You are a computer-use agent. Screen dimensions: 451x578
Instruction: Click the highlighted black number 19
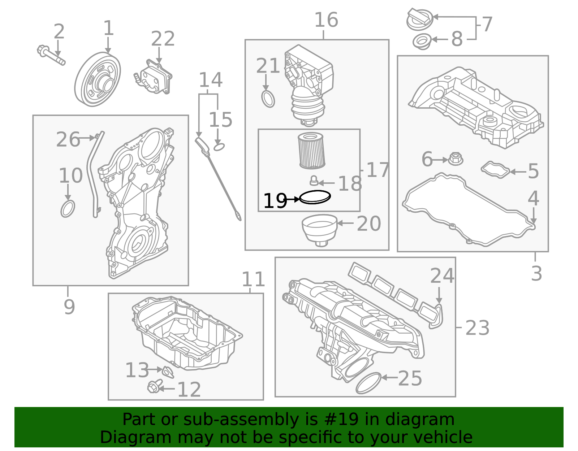(x=275, y=201)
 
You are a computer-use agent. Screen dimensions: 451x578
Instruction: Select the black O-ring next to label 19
(x=315, y=197)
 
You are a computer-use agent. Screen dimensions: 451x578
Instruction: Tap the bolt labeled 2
(x=51, y=55)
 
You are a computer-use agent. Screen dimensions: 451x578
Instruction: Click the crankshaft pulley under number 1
(x=98, y=79)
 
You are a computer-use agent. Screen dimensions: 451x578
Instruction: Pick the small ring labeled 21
(x=268, y=99)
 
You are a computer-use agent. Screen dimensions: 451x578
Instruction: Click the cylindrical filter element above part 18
(x=312, y=151)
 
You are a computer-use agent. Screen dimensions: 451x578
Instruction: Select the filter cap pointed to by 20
(x=319, y=229)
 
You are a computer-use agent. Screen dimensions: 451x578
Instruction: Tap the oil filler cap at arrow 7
(x=419, y=20)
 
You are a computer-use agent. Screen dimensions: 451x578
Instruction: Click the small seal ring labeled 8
(x=422, y=41)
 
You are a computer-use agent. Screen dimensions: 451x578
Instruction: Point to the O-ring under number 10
(x=68, y=209)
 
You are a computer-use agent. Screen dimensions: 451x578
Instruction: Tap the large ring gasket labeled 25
(x=368, y=383)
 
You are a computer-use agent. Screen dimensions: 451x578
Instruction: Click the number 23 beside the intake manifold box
(x=477, y=328)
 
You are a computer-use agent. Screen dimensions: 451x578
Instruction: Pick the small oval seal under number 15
(x=219, y=147)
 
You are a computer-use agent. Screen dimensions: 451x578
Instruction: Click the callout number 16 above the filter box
(x=326, y=20)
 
